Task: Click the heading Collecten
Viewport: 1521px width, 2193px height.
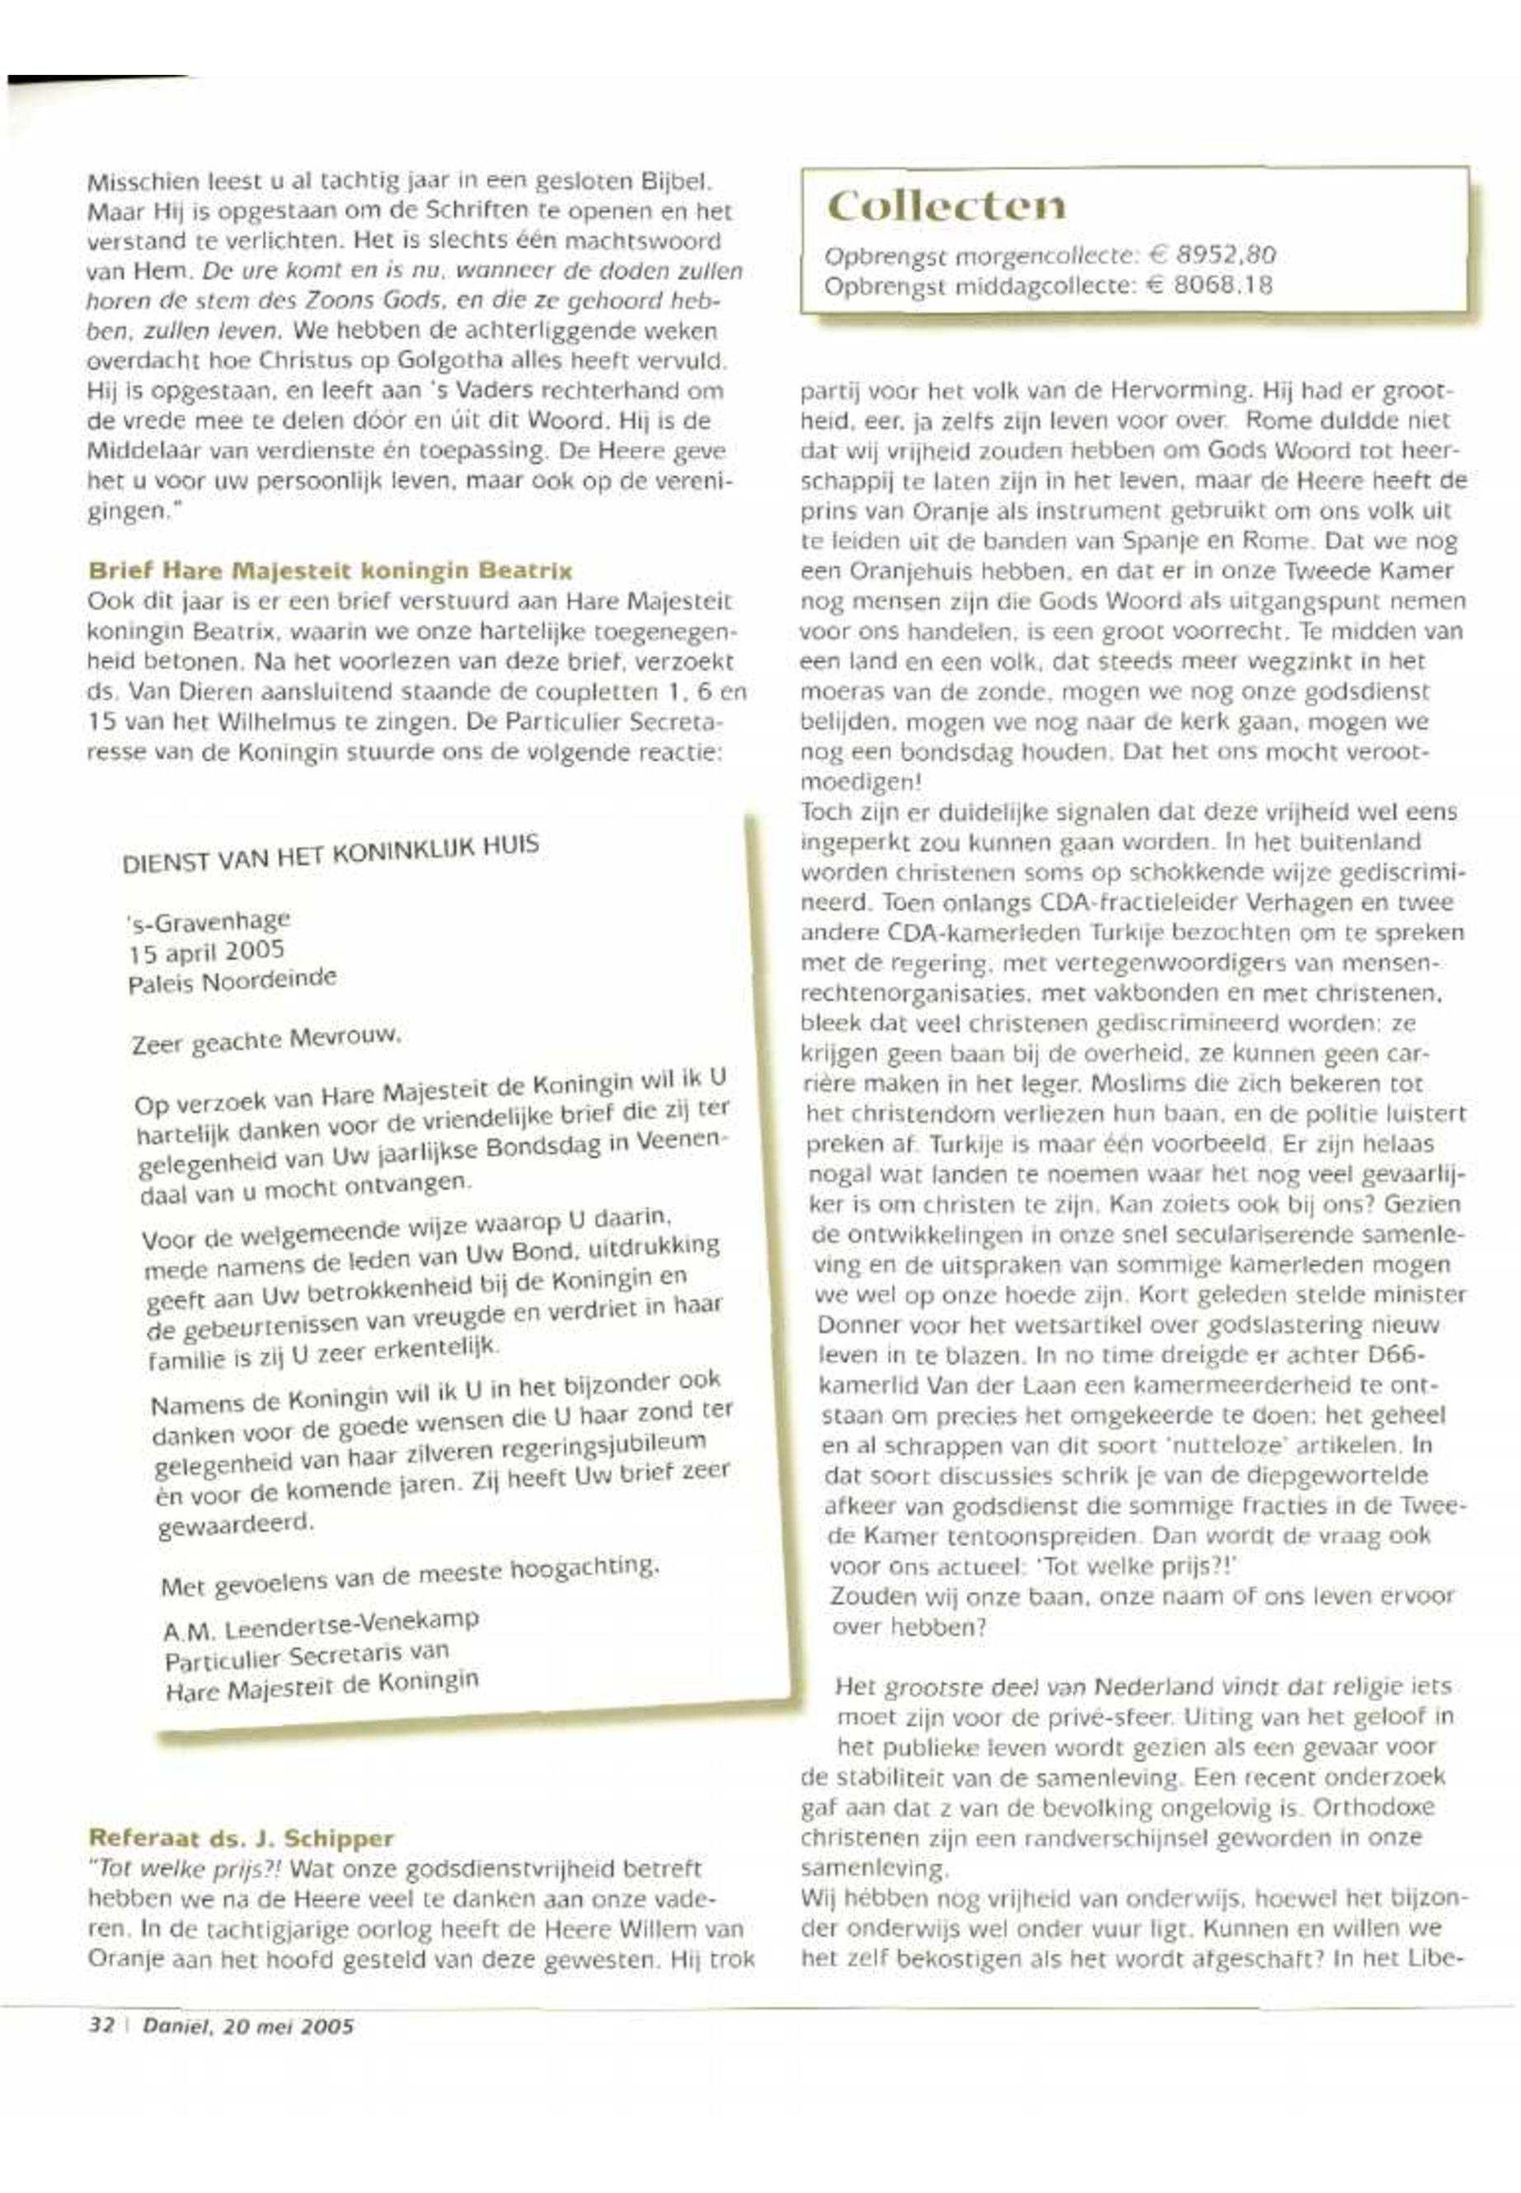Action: click(x=946, y=207)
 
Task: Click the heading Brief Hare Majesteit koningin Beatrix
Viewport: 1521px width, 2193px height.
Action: click(x=330, y=572)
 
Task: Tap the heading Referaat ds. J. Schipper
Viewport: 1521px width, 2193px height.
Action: click(x=241, y=1837)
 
